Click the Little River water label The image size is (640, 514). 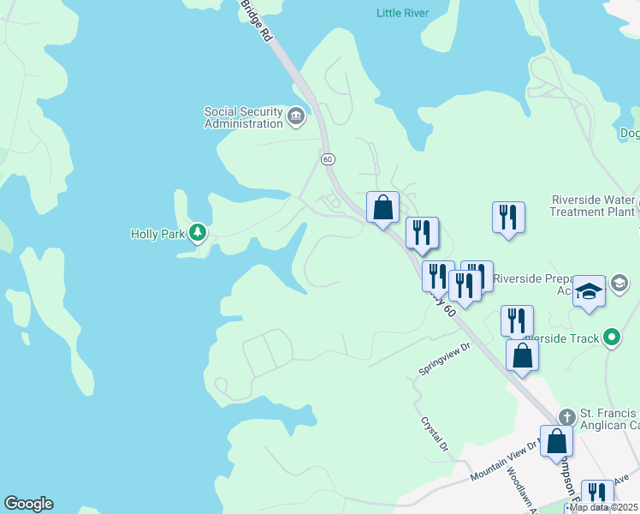click(402, 13)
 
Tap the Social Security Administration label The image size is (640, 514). click(243, 117)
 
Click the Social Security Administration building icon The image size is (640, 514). click(296, 117)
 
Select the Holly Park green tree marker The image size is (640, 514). click(198, 232)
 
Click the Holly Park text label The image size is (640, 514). click(157, 233)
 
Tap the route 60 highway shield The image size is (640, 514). click(328, 159)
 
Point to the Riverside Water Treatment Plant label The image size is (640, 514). click(593, 206)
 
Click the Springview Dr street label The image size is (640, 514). click(444, 360)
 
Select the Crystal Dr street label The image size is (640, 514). click(434, 434)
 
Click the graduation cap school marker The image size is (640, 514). click(589, 290)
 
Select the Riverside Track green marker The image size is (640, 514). click(611, 338)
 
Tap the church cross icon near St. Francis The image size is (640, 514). click(565, 417)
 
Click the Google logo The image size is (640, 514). click(28, 504)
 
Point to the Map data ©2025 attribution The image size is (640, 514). click(602, 507)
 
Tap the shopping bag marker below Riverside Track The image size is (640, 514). click(522, 355)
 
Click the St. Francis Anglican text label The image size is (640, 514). click(609, 419)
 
